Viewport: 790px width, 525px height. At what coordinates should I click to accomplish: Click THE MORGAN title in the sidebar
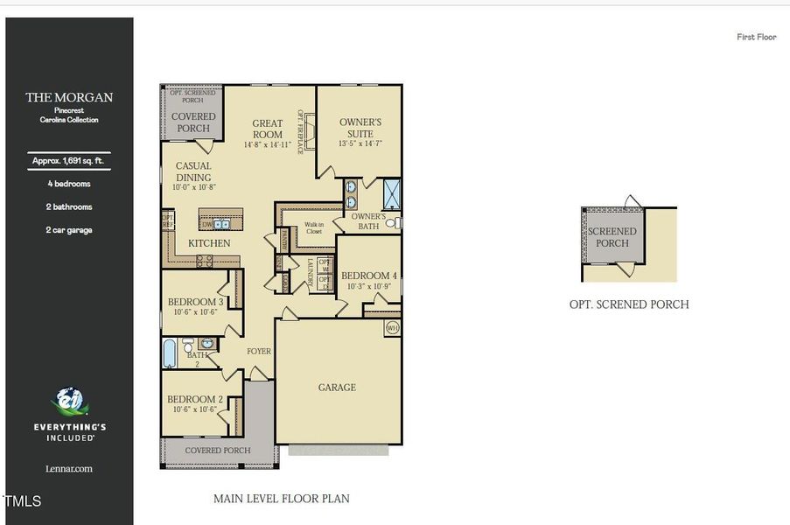69,97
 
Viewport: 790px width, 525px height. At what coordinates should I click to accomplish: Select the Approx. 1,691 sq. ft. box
69,161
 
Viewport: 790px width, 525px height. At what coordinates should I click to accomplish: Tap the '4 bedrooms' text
69,184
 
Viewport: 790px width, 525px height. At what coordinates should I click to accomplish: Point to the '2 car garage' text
69,230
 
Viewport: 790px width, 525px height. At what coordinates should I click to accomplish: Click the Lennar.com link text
69,469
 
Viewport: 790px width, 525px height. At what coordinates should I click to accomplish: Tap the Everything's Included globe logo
69,402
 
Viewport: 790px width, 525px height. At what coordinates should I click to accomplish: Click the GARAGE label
337,388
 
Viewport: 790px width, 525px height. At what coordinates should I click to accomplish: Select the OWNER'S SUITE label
360,128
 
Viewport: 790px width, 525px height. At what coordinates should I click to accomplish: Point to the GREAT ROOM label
268,129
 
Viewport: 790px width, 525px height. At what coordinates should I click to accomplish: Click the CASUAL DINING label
193,171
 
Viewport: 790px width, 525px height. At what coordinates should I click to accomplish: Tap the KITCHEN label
210,243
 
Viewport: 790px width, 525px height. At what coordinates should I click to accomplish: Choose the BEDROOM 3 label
195,303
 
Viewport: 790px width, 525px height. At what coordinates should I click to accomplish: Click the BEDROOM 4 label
369,276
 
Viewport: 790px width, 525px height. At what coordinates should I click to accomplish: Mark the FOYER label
259,352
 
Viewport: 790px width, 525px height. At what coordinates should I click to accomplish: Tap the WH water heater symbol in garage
392,328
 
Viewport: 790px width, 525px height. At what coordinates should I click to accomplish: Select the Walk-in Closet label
314,227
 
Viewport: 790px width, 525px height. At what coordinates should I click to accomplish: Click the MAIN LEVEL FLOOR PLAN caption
281,499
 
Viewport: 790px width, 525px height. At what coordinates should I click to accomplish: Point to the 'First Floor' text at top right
756,37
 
